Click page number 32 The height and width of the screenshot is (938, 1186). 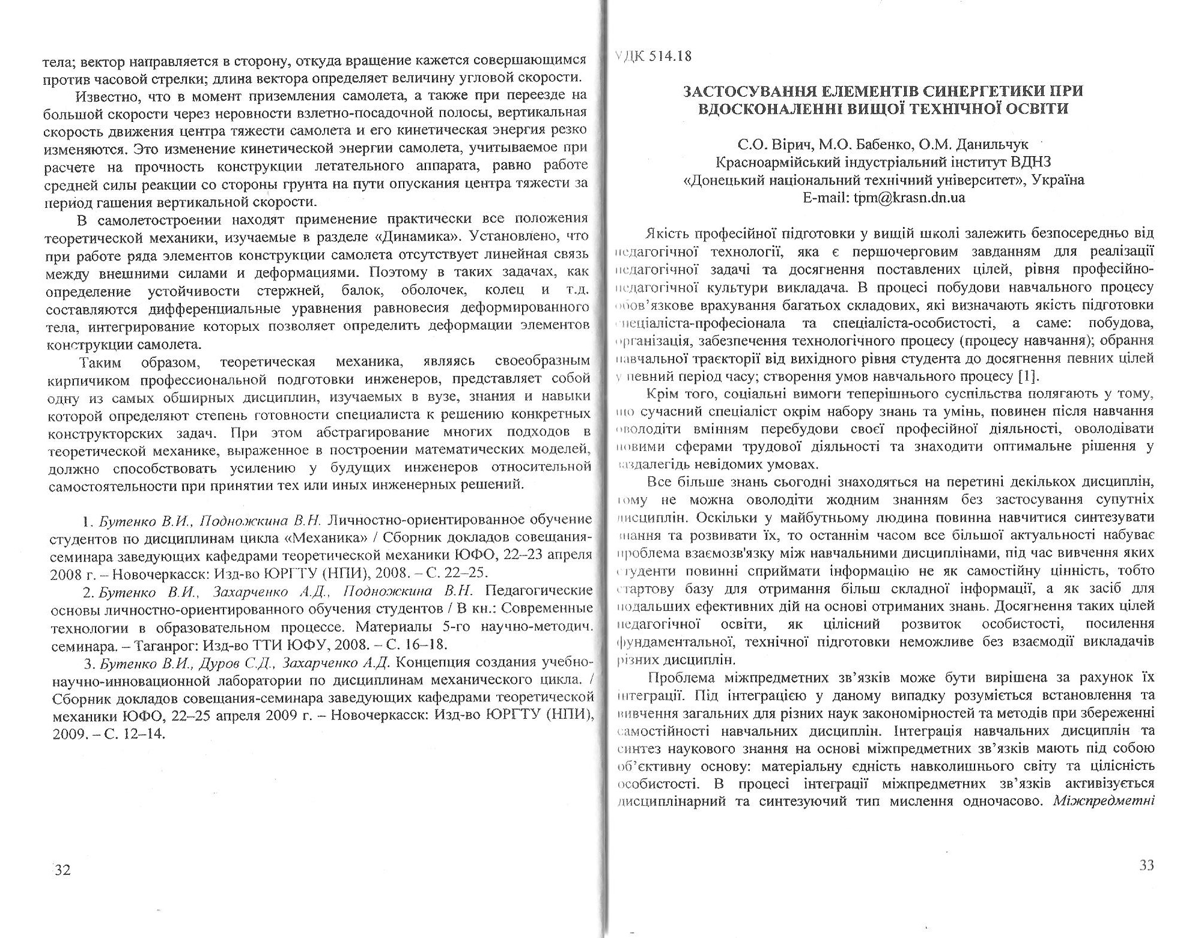pyautogui.click(x=62, y=870)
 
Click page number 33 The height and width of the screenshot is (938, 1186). pyautogui.click(x=1146, y=865)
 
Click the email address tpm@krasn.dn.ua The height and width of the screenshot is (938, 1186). pyautogui.click(x=909, y=198)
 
